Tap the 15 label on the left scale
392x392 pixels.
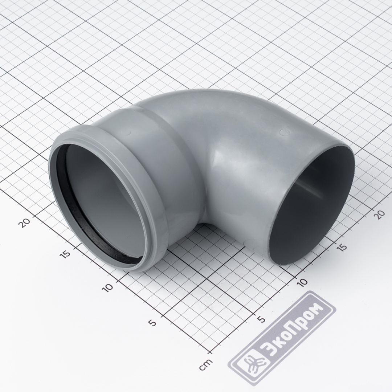66,254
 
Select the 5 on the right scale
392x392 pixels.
261,319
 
